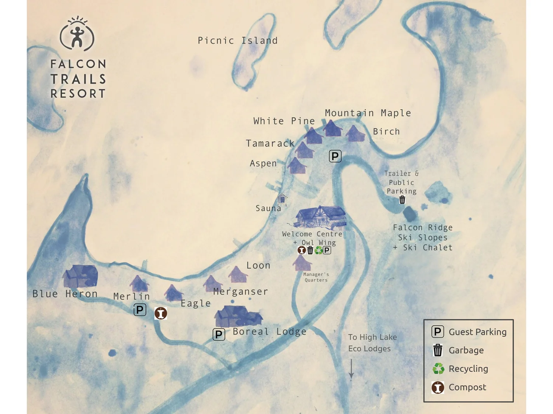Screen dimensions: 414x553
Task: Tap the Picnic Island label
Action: (237, 40)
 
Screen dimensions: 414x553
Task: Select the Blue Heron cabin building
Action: (81, 276)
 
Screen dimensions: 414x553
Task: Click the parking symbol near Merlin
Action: (140, 310)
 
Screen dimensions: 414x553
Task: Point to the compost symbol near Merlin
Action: (161, 313)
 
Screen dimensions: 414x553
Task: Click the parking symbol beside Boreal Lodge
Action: (219, 335)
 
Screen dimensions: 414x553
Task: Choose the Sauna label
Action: (268, 208)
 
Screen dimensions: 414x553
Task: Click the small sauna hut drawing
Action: (282, 198)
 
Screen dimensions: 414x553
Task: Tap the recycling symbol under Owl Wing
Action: (319, 251)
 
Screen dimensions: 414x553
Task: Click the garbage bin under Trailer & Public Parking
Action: (402, 200)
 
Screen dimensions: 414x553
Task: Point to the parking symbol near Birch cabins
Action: (335, 156)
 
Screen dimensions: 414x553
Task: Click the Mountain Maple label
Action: (368, 113)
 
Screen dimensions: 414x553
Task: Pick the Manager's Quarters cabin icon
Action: (302, 263)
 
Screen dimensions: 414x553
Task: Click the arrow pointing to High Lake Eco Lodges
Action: (351, 369)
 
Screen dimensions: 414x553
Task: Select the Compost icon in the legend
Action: (438, 387)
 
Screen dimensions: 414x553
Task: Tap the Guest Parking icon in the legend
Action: (438, 332)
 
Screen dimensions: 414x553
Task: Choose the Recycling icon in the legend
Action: (438, 368)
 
